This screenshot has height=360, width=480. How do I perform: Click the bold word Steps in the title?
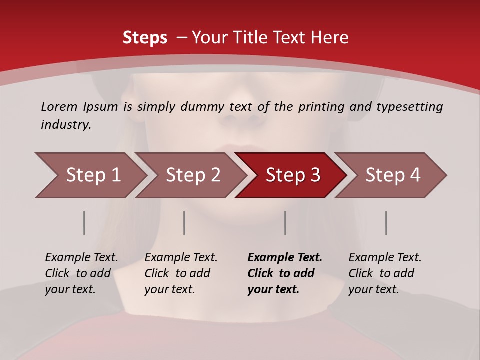[x=145, y=38]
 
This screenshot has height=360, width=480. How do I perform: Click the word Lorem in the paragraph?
[x=59, y=107]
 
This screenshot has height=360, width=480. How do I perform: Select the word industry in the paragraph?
[x=65, y=125]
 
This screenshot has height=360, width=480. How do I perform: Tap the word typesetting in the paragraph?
[x=409, y=107]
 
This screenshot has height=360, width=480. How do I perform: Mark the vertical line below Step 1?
[x=84, y=223]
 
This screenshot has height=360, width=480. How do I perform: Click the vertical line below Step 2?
[x=184, y=223]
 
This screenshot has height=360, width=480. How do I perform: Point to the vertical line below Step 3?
[x=285, y=223]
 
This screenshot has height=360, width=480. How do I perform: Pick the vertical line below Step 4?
[x=386, y=223]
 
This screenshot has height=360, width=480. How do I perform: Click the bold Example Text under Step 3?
[x=285, y=258]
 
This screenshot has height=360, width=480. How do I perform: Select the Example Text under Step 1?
[x=81, y=258]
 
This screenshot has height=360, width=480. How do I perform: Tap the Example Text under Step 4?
[x=385, y=258]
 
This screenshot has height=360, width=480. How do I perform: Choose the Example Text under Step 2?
[x=181, y=258]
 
